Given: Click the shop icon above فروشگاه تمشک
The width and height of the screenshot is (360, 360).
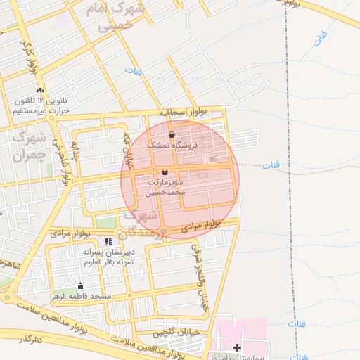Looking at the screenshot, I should [172, 134].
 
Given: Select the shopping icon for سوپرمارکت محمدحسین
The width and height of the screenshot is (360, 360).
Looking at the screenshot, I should [165, 172].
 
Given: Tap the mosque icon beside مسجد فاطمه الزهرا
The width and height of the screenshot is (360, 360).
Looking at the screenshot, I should [80, 285].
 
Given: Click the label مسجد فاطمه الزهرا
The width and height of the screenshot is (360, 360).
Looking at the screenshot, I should [80, 297].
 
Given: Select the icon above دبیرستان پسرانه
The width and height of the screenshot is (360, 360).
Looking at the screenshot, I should [108, 241].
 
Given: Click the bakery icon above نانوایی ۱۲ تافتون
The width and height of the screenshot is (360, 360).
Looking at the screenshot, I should [40, 90].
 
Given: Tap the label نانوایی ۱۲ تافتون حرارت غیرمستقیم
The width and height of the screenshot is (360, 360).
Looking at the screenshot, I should [40, 105].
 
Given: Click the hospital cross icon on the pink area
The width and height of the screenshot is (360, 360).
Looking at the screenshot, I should [237, 347].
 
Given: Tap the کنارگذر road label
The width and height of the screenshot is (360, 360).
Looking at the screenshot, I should [29, 340].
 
